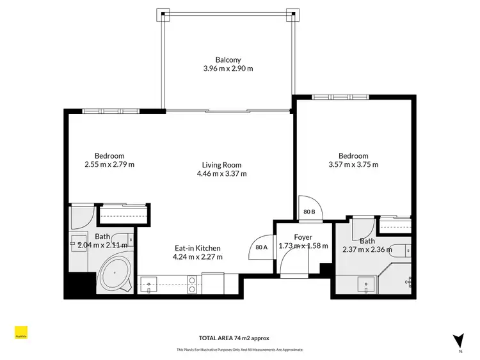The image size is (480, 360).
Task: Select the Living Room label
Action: click(221, 164)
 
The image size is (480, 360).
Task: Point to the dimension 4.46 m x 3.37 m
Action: click(221, 173)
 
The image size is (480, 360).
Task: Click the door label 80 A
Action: click(261, 246)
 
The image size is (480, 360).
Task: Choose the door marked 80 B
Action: click(309, 212)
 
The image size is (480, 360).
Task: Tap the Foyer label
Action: click(303, 237)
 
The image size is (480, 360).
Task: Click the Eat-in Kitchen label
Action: click(198, 248)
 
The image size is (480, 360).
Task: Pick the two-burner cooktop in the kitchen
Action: click(191, 285)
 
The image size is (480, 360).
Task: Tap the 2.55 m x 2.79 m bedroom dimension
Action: click(109, 164)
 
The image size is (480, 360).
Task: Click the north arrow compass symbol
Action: click(458, 340)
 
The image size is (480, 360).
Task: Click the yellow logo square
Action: click(24, 333)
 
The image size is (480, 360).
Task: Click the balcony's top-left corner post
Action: click(164, 14)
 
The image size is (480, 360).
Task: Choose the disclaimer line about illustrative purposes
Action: click(239, 350)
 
